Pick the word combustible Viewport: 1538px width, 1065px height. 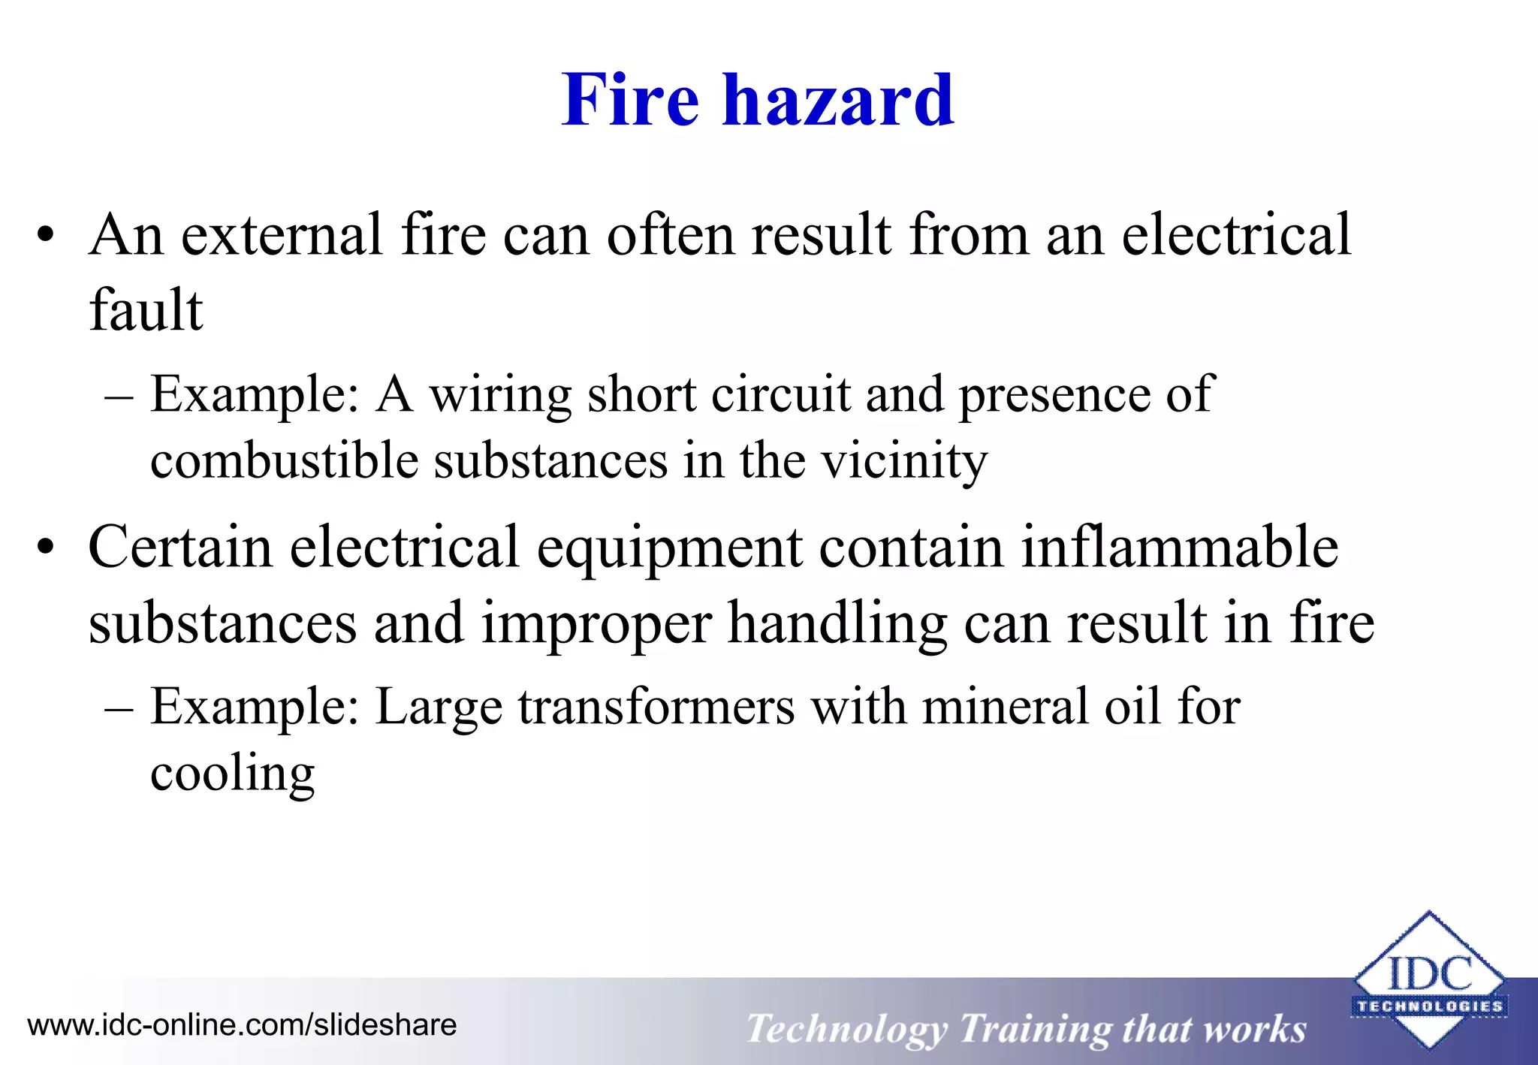[284, 460]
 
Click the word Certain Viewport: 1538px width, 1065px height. [179, 547]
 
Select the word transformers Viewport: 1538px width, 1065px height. [656, 707]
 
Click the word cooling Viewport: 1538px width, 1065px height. [232, 774]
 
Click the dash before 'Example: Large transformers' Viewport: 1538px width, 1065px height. [119, 708]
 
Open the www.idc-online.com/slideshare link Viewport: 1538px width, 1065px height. [242, 1025]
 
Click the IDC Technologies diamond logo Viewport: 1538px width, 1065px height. [1428, 980]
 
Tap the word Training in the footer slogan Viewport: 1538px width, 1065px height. [1034, 1029]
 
